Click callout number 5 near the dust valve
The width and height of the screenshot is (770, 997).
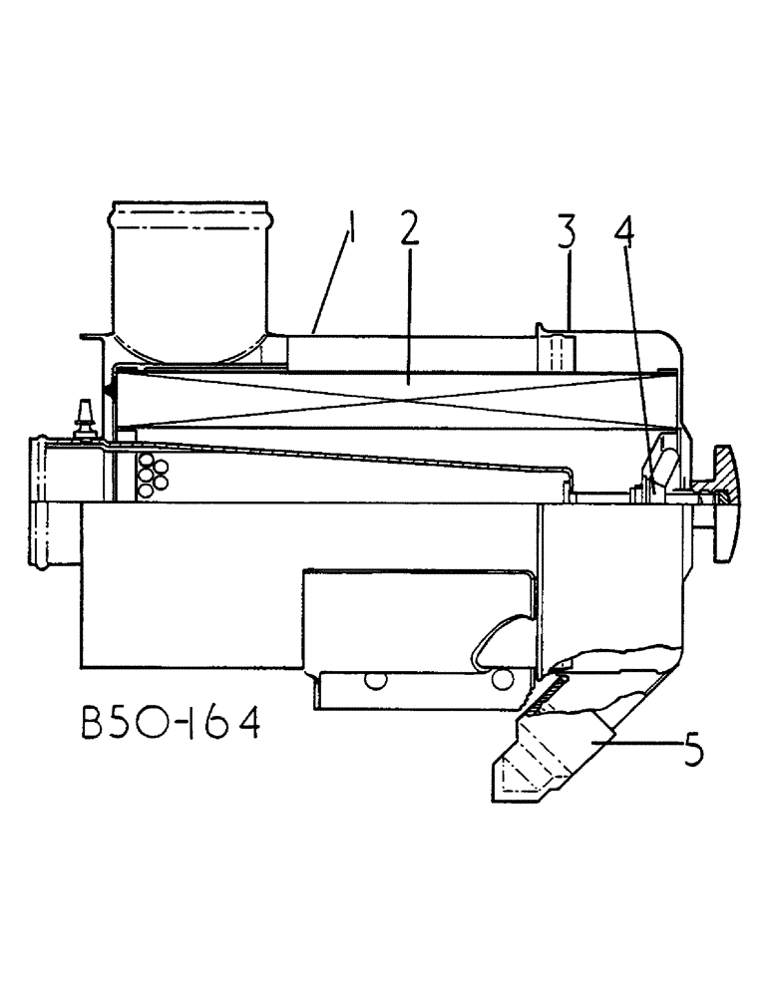coord(690,749)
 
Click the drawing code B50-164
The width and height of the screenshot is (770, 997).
coord(170,724)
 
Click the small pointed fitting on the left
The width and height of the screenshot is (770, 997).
coord(85,411)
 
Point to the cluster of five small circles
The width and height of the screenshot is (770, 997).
coord(151,474)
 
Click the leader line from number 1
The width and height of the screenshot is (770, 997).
coord(331,284)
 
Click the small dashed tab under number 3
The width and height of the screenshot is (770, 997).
coord(558,355)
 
